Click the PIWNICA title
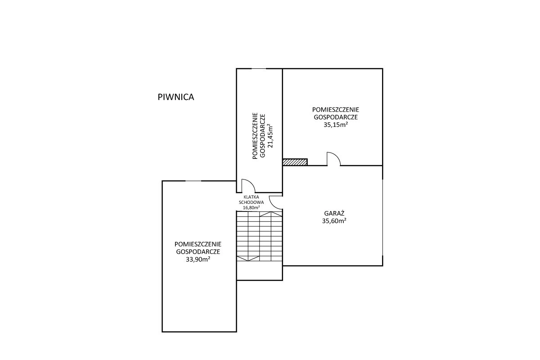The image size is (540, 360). pos(176,97)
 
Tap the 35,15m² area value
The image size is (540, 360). pos(336,125)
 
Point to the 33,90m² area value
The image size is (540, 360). pos(198,259)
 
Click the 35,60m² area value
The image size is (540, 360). pos(334,221)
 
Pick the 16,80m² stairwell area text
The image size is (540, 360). pos(251,207)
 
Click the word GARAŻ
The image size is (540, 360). pos(334,213)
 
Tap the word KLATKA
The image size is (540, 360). pos(251,197)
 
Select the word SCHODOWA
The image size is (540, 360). pos(251,202)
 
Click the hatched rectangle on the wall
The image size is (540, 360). pos(295,162)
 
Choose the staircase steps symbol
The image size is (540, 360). pos(260,236)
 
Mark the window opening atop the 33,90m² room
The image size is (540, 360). pos(193,181)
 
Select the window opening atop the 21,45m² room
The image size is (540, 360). pos(259,69)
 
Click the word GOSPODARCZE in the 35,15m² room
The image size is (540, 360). pos(336,117)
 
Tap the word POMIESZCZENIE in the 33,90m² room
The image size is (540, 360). pos(198,244)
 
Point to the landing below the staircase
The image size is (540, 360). pos(260,270)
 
